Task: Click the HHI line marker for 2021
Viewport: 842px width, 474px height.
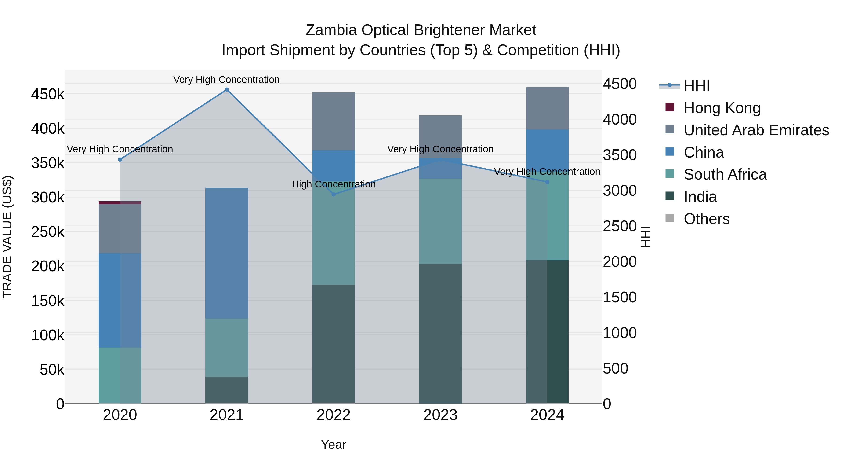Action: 226,90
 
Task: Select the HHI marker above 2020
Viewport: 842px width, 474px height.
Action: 120,160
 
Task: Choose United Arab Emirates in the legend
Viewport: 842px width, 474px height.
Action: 756,130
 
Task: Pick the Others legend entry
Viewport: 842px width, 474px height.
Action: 706,219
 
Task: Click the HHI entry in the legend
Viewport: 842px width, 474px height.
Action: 696,86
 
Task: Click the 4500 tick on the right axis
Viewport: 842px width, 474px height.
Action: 619,84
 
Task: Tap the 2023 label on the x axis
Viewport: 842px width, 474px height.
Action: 440,415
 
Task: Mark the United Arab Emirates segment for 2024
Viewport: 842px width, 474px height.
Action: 547,108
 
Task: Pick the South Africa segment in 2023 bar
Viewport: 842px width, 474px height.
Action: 440,221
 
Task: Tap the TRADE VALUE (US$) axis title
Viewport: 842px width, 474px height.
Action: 7,237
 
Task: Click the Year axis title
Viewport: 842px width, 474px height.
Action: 333,445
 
